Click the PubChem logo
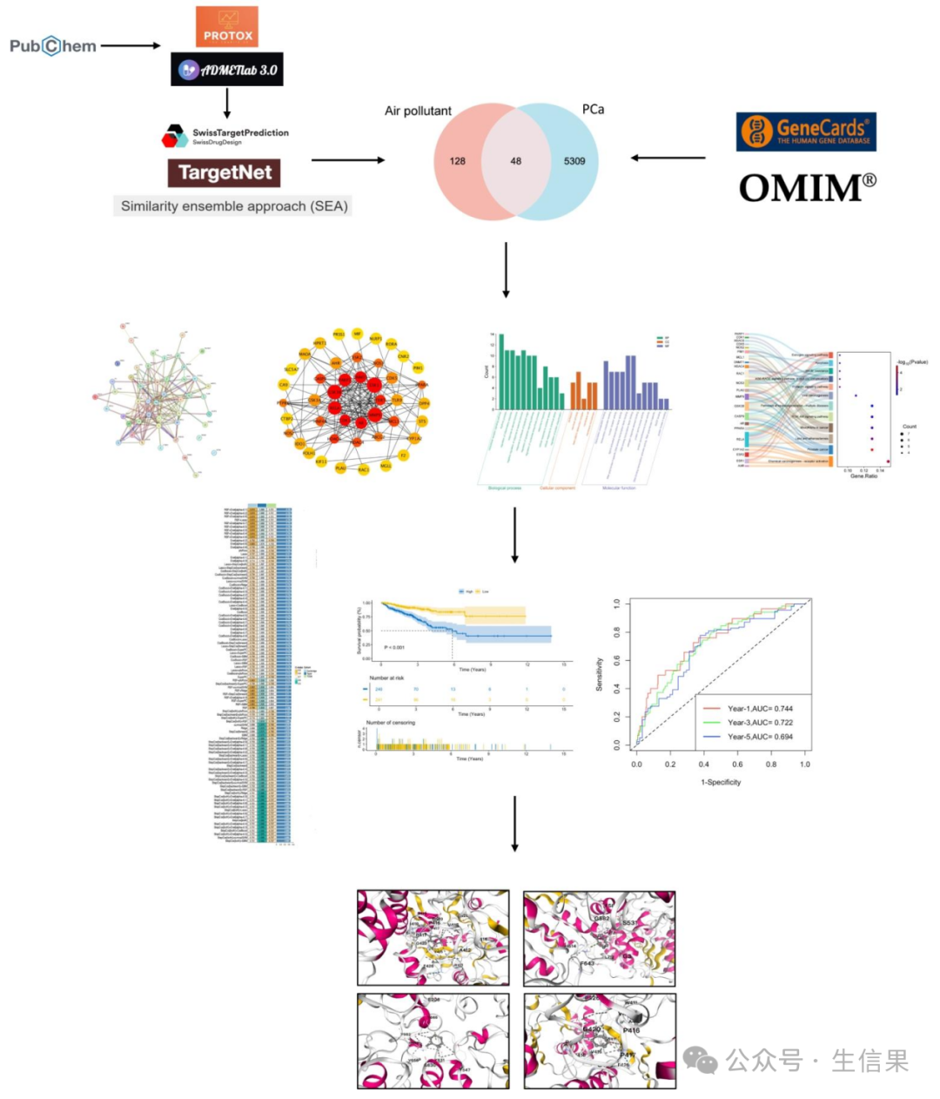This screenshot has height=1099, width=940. [53, 45]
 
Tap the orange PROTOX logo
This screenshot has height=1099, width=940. [227, 26]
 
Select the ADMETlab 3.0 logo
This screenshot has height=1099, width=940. [227, 70]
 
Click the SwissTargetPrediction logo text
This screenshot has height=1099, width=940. [239, 133]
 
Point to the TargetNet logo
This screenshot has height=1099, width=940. [225, 172]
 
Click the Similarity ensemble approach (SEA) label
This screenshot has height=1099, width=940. [233, 206]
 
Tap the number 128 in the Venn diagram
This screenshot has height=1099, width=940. [458, 161]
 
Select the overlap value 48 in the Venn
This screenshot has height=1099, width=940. [516, 161]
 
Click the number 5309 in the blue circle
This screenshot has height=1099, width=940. [574, 161]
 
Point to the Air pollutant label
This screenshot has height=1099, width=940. [418, 111]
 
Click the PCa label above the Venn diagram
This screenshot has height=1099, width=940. [593, 109]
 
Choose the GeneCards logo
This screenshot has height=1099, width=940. [806, 131]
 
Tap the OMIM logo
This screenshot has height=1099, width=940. [807, 187]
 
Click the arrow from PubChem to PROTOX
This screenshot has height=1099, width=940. [131, 45]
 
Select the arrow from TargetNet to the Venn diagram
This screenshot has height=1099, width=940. [347, 160]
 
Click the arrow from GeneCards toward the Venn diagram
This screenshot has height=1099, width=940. [668, 158]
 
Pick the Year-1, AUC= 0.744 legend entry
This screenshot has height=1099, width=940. [759, 709]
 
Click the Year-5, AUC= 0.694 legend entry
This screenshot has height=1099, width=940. [759, 737]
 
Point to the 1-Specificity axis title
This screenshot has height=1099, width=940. [721, 782]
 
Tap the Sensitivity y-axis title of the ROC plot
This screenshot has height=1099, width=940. [599, 674]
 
